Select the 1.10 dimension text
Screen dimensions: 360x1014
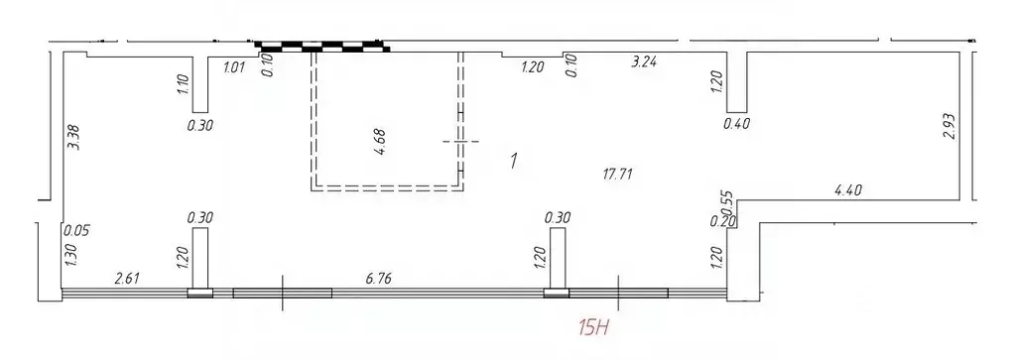point(182,85)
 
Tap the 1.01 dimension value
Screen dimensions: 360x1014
point(234,68)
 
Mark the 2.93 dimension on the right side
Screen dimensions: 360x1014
point(950,127)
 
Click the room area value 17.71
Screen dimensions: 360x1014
point(618,174)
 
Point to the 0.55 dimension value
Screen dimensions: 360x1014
point(726,201)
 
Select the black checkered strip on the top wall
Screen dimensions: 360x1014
point(322,45)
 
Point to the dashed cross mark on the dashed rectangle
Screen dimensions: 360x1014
point(459,142)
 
